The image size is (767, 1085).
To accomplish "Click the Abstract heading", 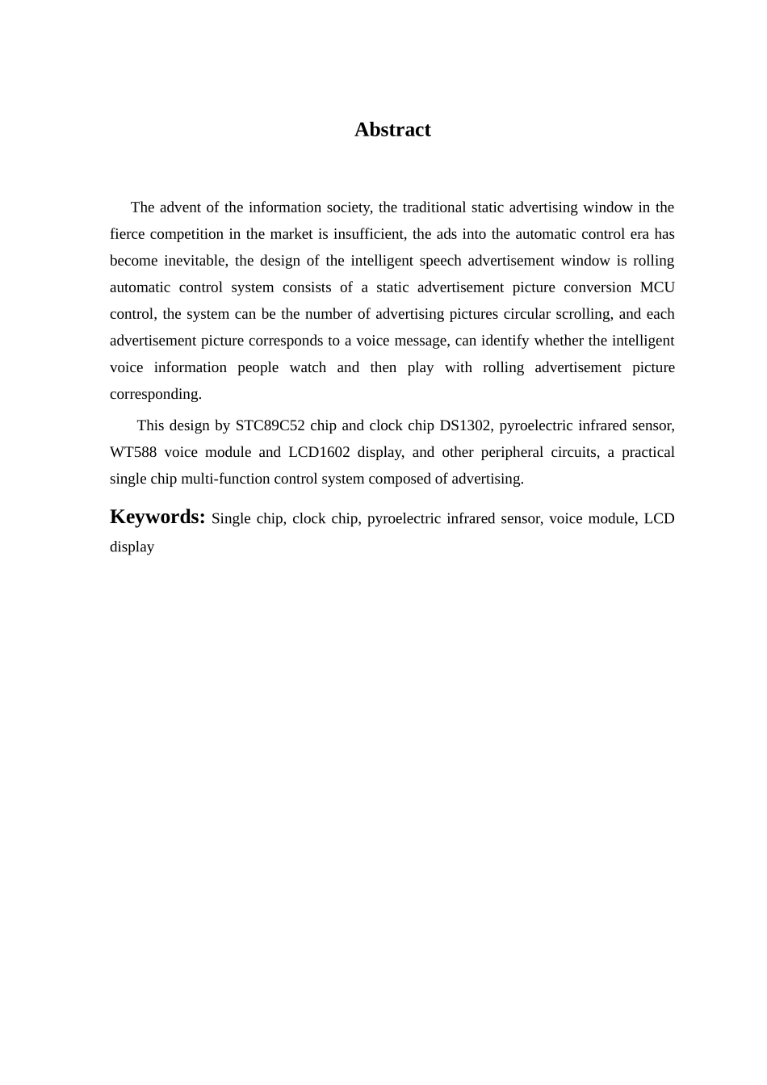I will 392,130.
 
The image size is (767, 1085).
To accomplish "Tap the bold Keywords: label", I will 157,517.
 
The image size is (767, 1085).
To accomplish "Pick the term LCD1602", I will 319,452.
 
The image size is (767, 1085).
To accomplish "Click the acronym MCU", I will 656,287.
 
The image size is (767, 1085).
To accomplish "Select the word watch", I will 308,367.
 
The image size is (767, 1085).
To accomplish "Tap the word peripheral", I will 512,452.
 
